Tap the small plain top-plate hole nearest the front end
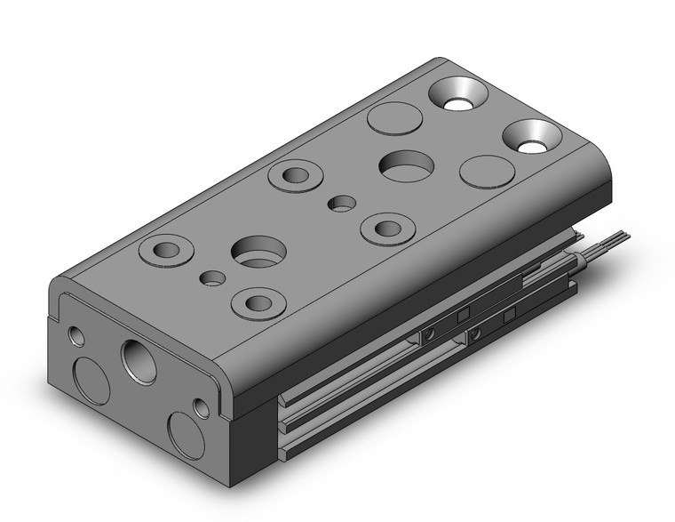click(x=211, y=278)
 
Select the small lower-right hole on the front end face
click(x=202, y=407)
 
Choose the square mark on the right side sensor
click(x=509, y=316)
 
